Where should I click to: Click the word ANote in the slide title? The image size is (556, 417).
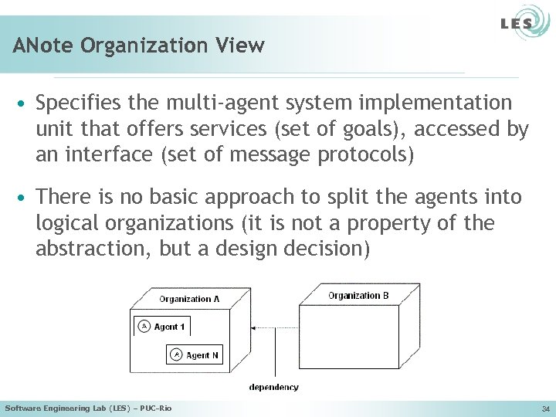(x=39, y=46)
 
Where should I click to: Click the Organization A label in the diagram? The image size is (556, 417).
(x=189, y=299)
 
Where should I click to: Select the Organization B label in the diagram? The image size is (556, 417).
(x=358, y=296)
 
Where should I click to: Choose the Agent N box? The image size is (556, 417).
(x=194, y=354)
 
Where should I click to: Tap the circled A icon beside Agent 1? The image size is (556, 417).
(x=143, y=327)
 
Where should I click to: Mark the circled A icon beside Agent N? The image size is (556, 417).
(x=176, y=354)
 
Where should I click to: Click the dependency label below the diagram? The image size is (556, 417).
(x=273, y=387)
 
